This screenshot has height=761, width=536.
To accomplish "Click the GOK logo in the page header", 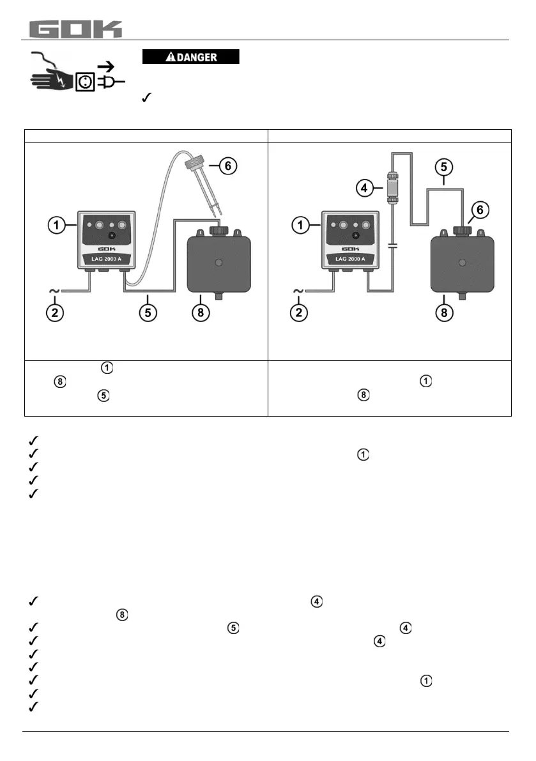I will (x=76, y=29).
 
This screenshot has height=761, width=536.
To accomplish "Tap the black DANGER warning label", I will (x=190, y=57).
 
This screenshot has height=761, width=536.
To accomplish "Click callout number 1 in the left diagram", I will (x=56, y=224).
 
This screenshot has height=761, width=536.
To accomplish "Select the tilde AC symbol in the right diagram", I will (x=299, y=291).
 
